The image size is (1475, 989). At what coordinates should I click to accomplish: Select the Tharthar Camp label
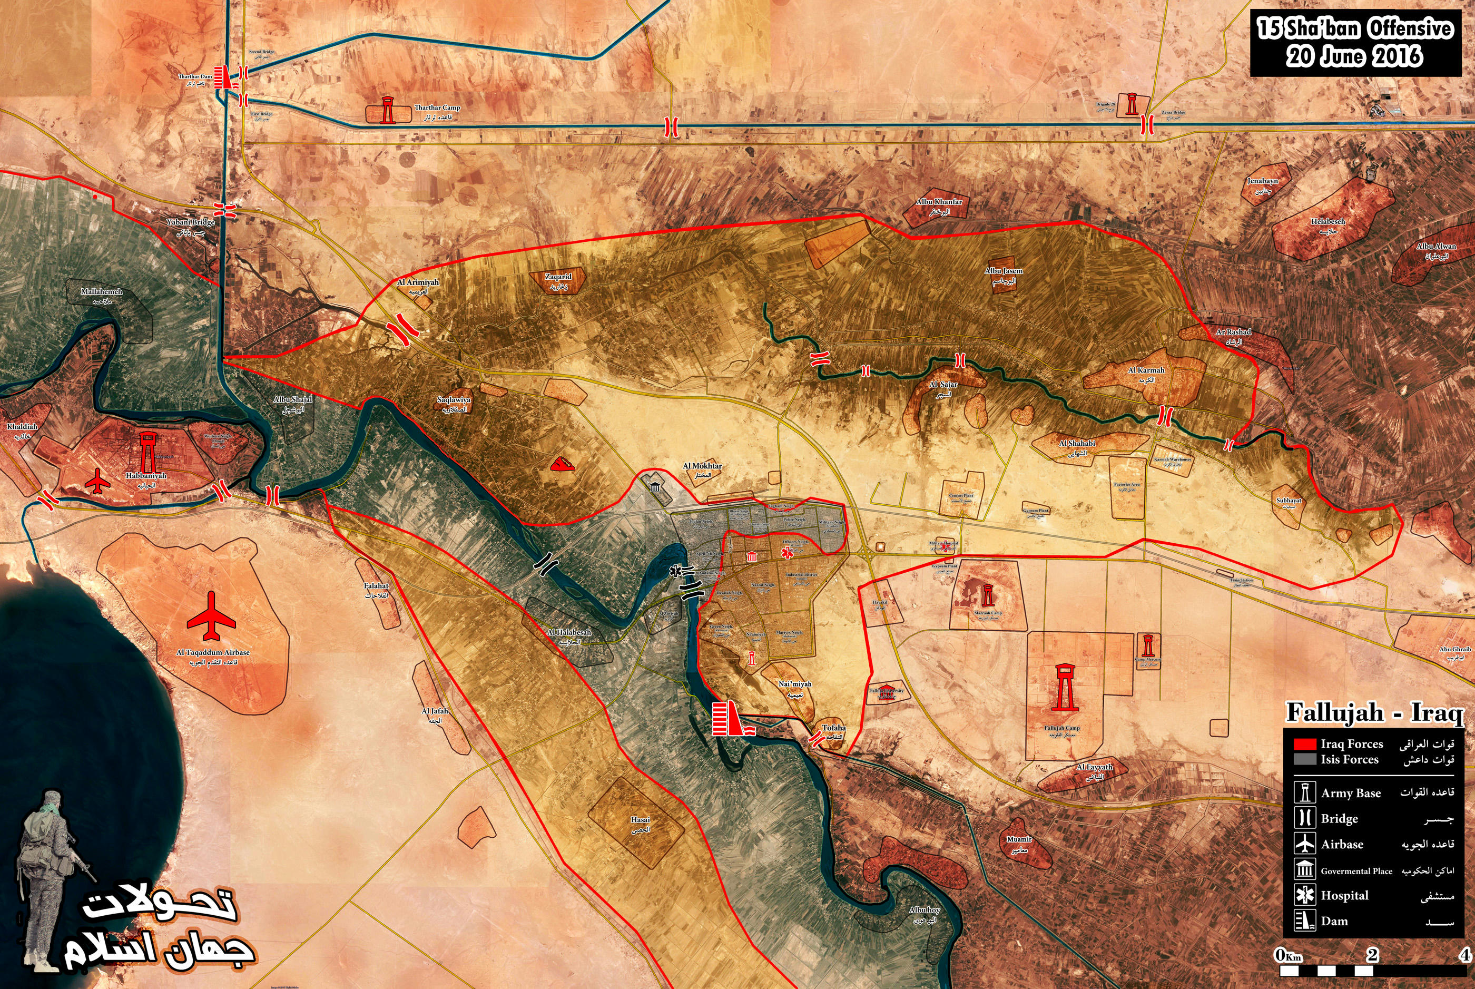click(x=437, y=108)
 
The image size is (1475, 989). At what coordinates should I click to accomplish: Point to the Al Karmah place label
click(x=1146, y=370)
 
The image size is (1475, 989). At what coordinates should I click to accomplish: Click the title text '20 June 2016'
click(x=1354, y=57)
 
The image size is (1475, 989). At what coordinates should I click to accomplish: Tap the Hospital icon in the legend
click(x=1305, y=896)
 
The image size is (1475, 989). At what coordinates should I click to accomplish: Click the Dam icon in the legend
click(x=1305, y=922)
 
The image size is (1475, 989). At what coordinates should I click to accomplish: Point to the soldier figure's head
click(x=49, y=800)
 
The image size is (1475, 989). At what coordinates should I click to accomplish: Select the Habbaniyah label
click(x=146, y=476)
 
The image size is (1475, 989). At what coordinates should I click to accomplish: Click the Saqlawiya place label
click(x=454, y=400)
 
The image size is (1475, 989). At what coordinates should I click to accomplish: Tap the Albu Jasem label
click(x=1004, y=271)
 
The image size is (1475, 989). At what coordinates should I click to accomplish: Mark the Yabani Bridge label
click(x=191, y=222)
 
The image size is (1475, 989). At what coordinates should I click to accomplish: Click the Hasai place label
click(x=640, y=820)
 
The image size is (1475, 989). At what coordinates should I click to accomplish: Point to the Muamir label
click(x=1019, y=839)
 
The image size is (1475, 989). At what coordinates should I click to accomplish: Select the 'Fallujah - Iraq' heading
click(x=1374, y=713)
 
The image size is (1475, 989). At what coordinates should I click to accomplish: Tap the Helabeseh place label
click(x=1327, y=222)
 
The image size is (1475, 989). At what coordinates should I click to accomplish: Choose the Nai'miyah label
click(x=794, y=684)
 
